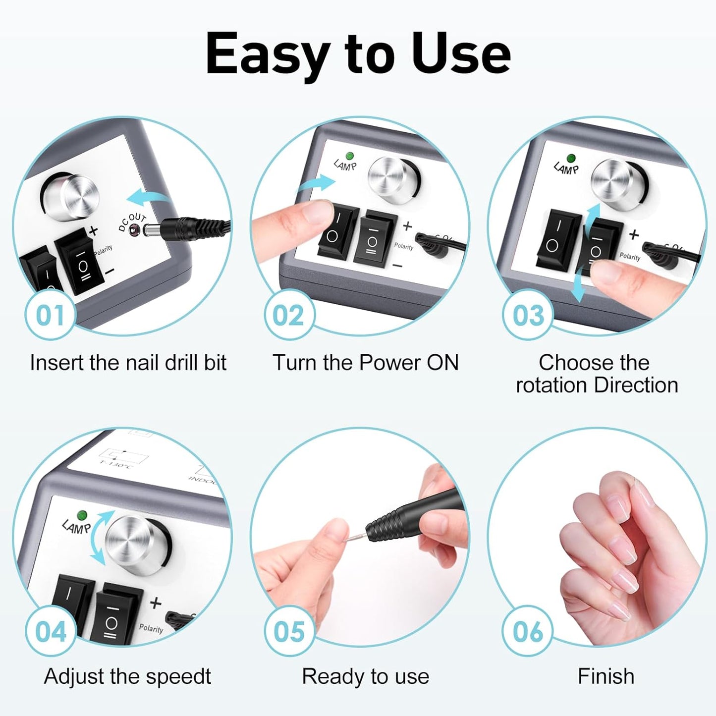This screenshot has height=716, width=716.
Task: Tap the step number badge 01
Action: point(50,315)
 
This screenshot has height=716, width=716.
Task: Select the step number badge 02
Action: point(288,315)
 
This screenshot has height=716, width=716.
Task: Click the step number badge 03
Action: point(528,315)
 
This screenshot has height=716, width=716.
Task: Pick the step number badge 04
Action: point(50,632)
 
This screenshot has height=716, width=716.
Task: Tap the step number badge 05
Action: point(289,632)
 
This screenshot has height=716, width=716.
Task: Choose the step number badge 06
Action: point(528,632)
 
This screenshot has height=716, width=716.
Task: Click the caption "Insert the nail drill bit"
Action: point(128,363)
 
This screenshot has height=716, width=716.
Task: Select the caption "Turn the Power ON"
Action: point(366,363)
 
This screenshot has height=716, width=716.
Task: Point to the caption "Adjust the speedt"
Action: point(127,676)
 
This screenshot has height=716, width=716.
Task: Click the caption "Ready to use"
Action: point(366,676)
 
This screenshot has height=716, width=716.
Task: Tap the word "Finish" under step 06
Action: point(606,676)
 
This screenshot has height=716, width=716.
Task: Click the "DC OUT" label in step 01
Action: point(132,222)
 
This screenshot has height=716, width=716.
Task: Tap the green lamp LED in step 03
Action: point(571,158)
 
